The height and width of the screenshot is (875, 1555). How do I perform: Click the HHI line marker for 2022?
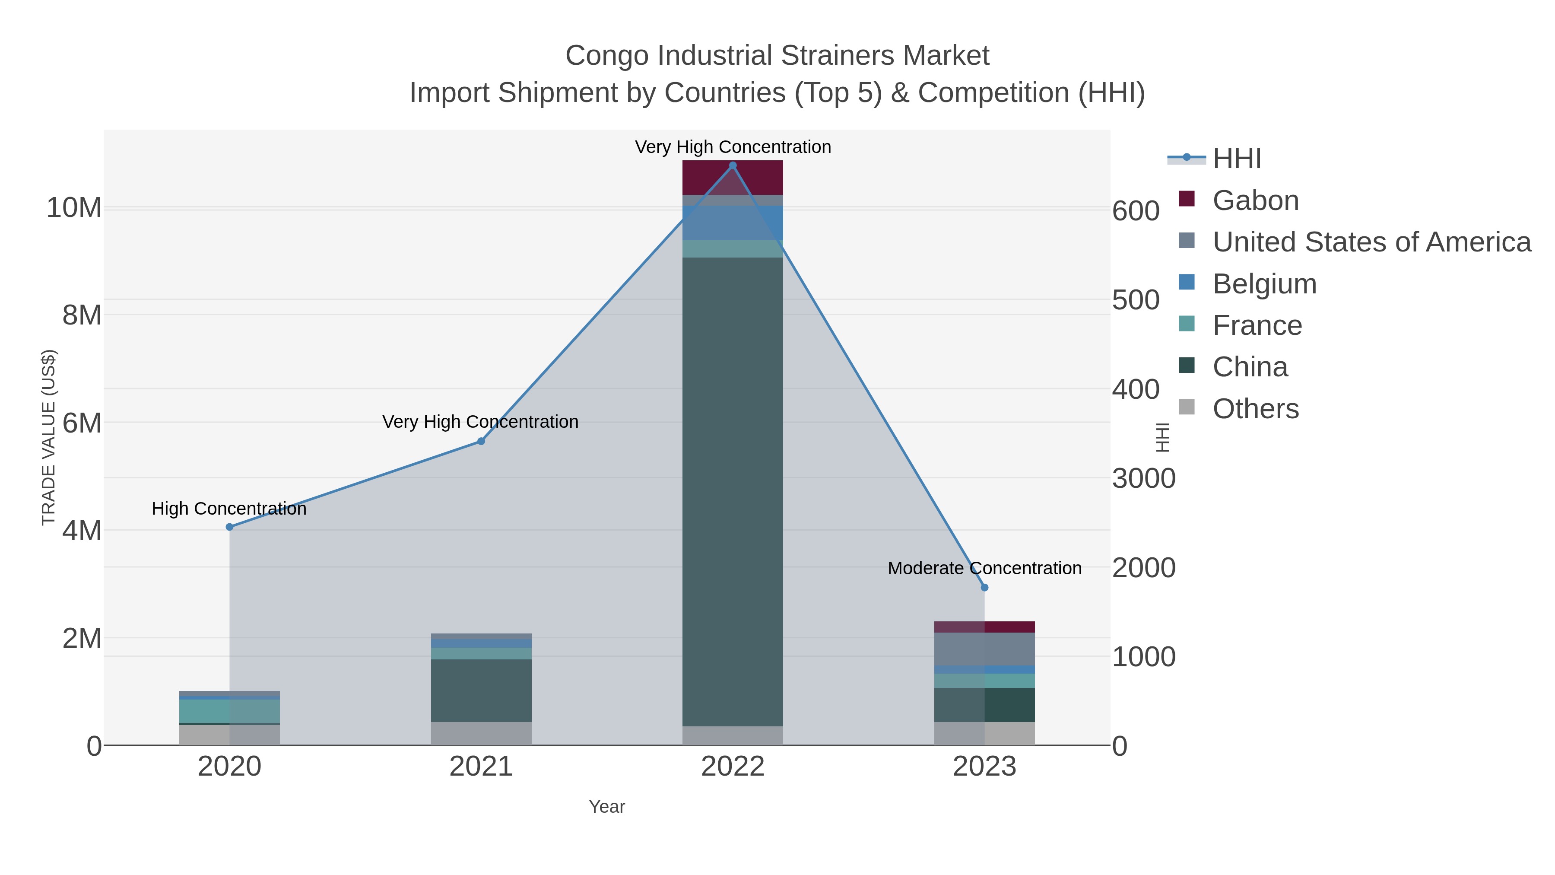733,165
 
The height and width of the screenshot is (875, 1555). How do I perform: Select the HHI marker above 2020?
229,527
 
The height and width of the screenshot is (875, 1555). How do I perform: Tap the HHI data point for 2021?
481,442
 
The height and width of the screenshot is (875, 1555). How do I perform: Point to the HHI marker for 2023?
984,588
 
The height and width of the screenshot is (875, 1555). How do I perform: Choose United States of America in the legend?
1371,242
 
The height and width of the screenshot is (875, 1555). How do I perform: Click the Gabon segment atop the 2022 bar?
733,178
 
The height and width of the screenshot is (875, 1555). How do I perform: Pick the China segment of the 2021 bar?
481,690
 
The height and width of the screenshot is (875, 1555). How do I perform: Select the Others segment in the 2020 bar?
229,735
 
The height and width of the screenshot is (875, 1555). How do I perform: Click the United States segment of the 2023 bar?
984,649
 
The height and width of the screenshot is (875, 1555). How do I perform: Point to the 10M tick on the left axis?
73,208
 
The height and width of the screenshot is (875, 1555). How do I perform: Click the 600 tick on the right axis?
1136,211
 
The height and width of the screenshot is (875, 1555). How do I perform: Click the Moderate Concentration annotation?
984,568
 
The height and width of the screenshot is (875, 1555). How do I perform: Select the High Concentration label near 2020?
229,509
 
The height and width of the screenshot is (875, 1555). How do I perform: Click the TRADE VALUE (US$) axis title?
48,437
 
